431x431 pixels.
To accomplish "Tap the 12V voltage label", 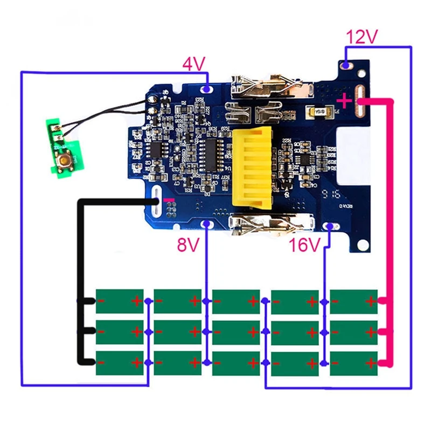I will point(362,38).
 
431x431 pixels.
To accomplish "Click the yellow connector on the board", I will point(256,169).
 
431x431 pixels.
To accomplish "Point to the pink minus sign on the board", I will point(169,200).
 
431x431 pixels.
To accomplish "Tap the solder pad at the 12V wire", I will point(345,66).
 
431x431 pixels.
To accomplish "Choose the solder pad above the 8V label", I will point(205,225).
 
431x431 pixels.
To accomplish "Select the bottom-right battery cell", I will point(353,363).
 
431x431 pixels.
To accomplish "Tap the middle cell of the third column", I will point(236,332).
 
